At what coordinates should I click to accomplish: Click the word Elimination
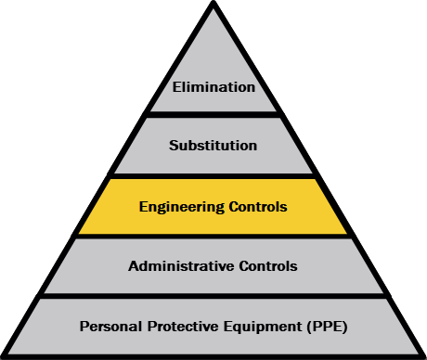click(x=213, y=87)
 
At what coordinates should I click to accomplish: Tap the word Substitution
click(x=213, y=146)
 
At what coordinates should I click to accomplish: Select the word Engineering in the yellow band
click(x=182, y=207)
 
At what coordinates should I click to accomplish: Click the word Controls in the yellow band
click(x=258, y=207)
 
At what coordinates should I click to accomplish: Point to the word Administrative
click(x=181, y=266)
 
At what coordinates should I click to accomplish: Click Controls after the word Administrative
click(x=268, y=266)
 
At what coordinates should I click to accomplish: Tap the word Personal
click(x=110, y=327)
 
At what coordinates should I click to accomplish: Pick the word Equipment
click(x=263, y=328)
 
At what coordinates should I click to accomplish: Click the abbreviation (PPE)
click(x=328, y=327)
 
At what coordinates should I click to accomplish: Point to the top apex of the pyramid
click(x=213, y=2)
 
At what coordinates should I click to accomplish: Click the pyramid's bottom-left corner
click(x=2, y=356)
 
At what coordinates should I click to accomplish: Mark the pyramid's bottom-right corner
click(x=424, y=356)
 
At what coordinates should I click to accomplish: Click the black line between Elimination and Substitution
click(x=213, y=114)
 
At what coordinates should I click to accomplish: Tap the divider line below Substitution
click(x=213, y=176)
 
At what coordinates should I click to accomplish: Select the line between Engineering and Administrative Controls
click(x=213, y=237)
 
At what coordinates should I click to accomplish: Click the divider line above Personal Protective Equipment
click(x=213, y=296)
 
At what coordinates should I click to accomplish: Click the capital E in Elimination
click(x=176, y=87)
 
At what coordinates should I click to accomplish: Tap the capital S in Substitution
click(x=174, y=146)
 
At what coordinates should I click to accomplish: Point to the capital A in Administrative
click(x=134, y=266)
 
